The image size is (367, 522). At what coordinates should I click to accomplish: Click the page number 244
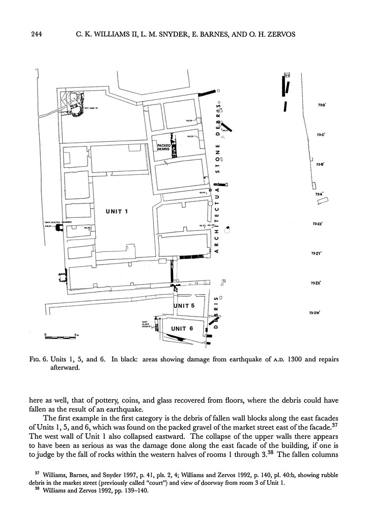click(x=36, y=35)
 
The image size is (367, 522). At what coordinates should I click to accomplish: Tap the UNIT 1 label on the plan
click(x=117, y=211)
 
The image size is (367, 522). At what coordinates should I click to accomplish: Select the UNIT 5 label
click(x=183, y=306)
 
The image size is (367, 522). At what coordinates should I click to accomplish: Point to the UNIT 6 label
click(x=182, y=328)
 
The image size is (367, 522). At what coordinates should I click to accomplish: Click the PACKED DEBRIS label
click(x=164, y=148)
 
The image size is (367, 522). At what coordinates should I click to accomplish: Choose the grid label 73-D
click(x=321, y=105)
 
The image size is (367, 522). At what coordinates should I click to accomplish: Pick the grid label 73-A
click(x=319, y=194)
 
